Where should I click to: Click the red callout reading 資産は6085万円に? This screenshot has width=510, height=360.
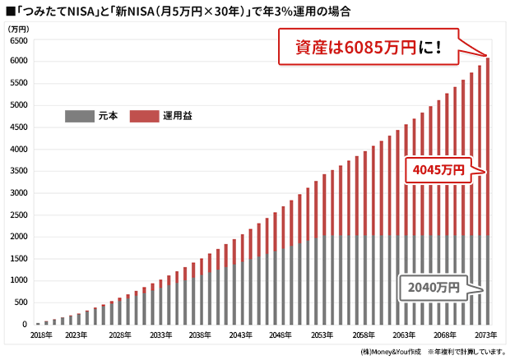(368, 46)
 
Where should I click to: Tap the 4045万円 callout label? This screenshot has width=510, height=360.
(438, 170)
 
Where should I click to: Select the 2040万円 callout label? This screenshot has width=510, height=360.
(432, 288)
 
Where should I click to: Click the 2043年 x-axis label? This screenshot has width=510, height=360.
(241, 335)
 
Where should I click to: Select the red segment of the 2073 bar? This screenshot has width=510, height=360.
(488, 148)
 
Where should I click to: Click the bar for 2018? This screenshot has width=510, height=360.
(38, 323)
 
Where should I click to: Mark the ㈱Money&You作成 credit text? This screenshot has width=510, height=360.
(392, 352)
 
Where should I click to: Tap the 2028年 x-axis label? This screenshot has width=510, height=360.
(119, 335)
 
